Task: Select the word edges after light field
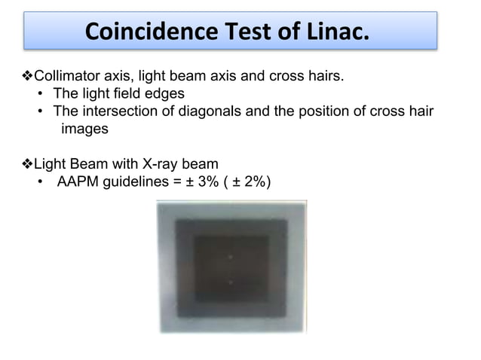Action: click(x=166, y=93)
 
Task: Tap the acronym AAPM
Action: click(x=77, y=182)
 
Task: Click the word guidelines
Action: click(x=137, y=182)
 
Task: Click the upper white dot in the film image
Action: click(x=230, y=257)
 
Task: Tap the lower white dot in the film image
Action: click(x=230, y=282)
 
